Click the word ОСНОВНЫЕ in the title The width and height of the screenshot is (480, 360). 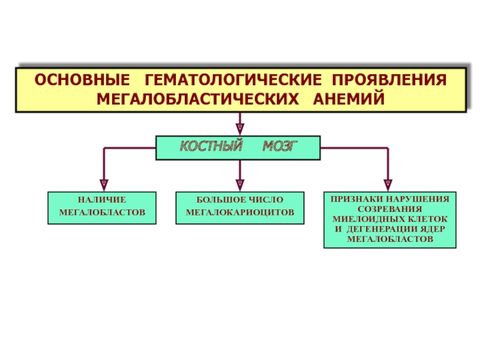point(82,80)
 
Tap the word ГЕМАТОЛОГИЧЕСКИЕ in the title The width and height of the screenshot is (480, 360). point(233,80)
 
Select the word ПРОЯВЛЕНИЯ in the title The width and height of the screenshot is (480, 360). point(389,80)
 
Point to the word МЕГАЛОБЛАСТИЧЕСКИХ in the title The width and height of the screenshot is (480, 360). point(197,99)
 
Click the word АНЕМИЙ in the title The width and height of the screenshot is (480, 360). point(349,98)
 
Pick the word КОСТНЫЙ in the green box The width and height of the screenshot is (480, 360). point(211,146)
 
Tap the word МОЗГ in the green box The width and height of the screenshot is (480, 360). point(280,146)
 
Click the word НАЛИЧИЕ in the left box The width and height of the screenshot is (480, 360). point(102,200)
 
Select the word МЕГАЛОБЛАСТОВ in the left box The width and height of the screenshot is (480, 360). point(102,212)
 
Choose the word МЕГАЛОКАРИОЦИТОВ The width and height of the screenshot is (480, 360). point(240,212)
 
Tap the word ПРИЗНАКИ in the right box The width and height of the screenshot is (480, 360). point(357,199)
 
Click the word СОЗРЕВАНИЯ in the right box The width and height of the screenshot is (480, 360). point(389,209)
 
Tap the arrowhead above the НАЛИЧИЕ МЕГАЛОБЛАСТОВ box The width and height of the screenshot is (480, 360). point(104,185)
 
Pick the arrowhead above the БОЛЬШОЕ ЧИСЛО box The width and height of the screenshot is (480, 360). point(240,185)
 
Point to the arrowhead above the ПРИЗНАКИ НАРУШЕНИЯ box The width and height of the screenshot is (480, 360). point(388,185)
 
